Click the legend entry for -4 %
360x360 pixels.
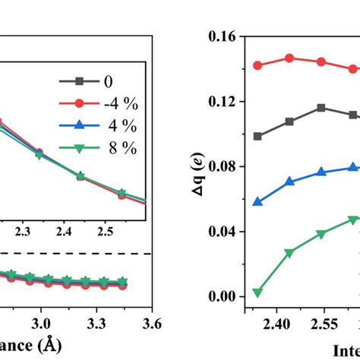click(112, 104)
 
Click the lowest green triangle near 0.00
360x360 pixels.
click(257, 292)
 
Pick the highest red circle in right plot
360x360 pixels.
click(289, 58)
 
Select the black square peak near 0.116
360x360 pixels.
click(321, 108)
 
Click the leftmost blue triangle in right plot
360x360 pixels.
click(257, 202)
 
